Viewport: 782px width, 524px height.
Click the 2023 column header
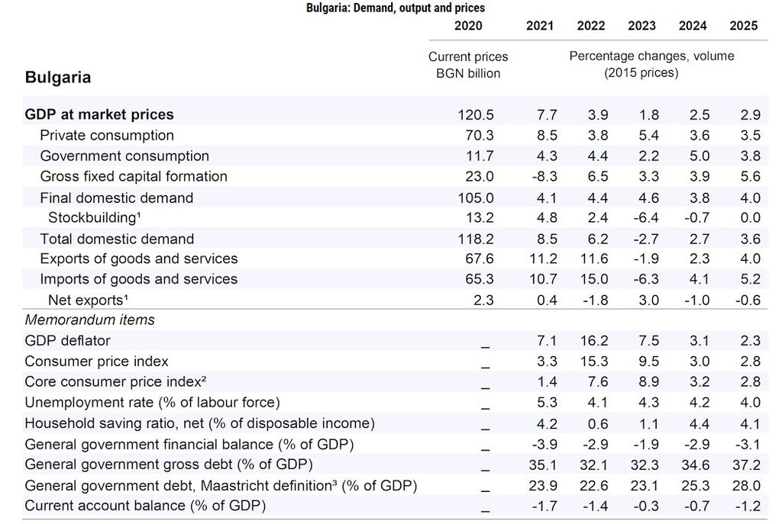click(641, 26)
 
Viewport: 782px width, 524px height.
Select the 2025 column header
click(743, 26)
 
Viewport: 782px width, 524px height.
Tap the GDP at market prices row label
click(99, 114)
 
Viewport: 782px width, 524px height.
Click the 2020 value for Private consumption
click(480, 136)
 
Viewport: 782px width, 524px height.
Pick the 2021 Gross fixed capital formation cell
click(543, 176)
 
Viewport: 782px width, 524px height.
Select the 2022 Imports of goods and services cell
click(594, 279)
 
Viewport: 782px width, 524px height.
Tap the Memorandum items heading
click(90, 320)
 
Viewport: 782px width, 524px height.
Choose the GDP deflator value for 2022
click(594, 341)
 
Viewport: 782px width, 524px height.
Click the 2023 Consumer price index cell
click(649, 361)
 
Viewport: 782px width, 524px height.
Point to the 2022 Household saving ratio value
click(598, 423)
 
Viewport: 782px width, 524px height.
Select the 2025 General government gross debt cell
click(747, 465)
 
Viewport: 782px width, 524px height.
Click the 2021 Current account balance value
click(544, 506)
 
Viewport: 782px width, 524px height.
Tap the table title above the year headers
click(396, 8)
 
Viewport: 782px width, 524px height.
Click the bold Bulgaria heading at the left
click(58, 78)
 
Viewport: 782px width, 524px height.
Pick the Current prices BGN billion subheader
click(468, 66)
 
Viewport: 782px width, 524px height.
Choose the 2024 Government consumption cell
click(700, 156)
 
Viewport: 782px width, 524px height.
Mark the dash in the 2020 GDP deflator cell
click(485, 347)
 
